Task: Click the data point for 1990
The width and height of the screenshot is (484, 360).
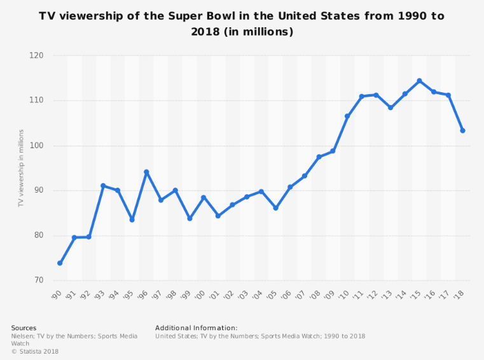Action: coord(60,263)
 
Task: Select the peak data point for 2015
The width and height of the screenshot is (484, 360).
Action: coord(419,81)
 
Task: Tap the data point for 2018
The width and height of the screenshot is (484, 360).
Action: coord(462,130)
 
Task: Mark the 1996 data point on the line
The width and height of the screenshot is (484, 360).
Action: coord(146,172)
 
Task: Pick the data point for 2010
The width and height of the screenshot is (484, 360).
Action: coord(347,116)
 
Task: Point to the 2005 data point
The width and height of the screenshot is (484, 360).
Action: coord(275,208)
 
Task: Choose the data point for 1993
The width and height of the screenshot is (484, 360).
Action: coord(103,186)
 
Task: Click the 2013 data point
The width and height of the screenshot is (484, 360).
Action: coord(391,107)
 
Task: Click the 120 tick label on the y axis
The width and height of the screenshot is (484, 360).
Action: coord(36,55)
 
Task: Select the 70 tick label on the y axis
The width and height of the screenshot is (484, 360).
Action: coord(38,280)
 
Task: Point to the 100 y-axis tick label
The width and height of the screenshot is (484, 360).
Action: coord(36,146)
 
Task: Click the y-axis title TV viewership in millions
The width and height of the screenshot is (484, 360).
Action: coord(20,168)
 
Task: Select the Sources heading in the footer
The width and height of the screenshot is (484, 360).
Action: coord(24,328)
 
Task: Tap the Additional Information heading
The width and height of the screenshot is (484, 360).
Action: coord(196,328)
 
